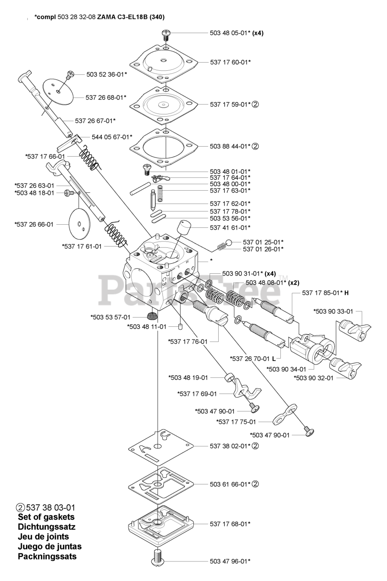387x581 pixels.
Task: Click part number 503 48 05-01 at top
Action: (229, 33)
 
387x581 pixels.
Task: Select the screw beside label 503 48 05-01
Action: (166, 33)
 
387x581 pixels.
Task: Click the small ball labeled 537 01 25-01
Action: (229, 242)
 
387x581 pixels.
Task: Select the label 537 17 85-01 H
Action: (326, 293)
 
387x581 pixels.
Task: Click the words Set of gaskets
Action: (46, 517)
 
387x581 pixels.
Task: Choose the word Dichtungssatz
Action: (47, 527)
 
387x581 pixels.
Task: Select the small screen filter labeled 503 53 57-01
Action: (152, 316)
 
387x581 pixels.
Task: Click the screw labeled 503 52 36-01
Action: (70, 74)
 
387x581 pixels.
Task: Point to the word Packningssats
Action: (47, 556)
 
